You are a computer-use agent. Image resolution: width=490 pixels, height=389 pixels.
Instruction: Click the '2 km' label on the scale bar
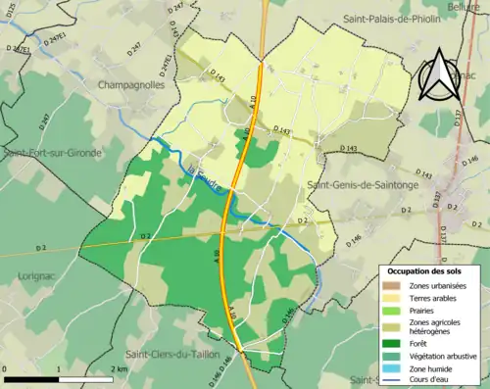(x=119, y=369)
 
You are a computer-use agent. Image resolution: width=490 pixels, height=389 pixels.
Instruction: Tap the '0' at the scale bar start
(x=7, y=369)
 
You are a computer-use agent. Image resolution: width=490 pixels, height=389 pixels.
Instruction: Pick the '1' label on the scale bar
(x=59, y=369)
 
